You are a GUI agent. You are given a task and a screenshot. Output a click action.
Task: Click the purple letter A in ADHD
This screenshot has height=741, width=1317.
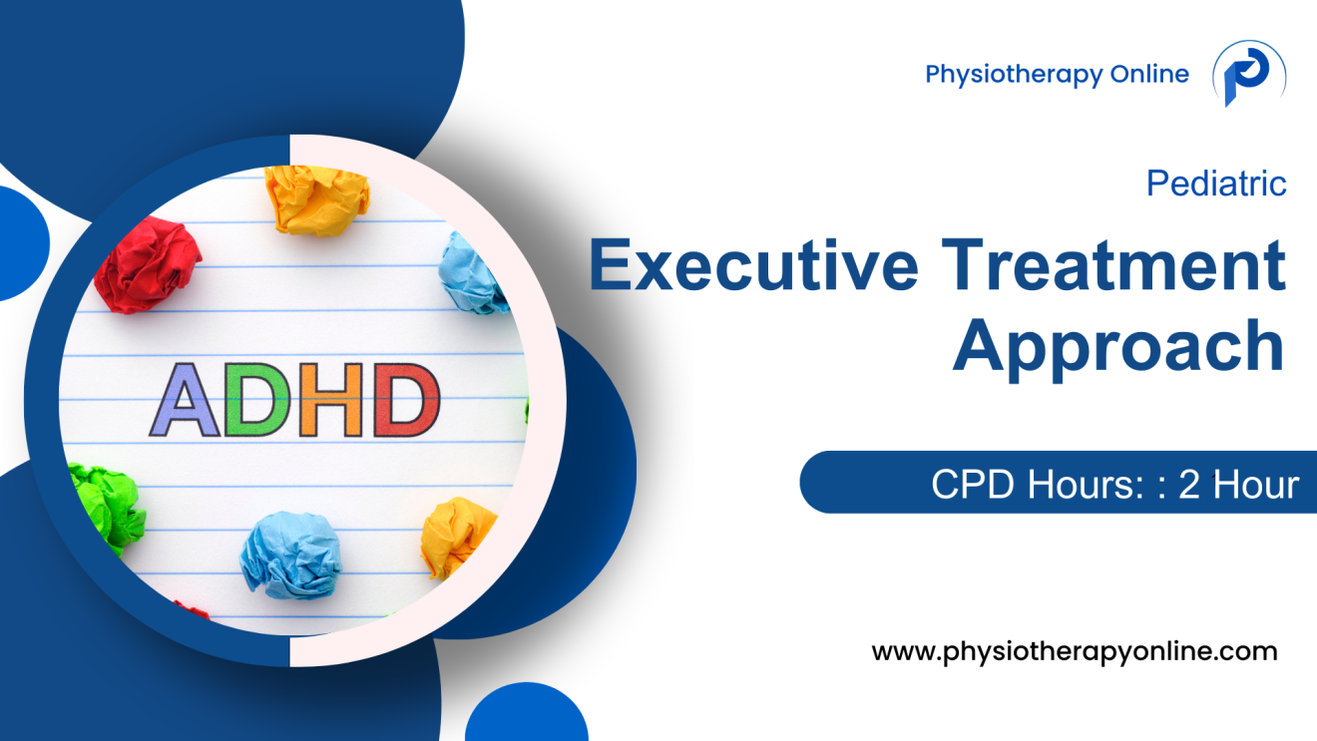[187, 400]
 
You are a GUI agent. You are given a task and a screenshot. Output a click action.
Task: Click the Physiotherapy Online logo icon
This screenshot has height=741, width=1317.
[1248, 75]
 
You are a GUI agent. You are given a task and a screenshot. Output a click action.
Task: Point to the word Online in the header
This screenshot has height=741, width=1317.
[1151, 74]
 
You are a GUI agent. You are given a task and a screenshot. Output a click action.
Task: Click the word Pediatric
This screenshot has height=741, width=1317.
[1216, 184]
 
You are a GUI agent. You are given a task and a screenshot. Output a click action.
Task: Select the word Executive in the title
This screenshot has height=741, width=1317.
[752, 266]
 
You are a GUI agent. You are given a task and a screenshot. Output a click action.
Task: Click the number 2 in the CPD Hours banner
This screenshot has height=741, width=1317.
[1188, 484]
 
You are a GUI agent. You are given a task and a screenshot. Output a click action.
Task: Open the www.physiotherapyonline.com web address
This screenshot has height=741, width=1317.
[1074, 651]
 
